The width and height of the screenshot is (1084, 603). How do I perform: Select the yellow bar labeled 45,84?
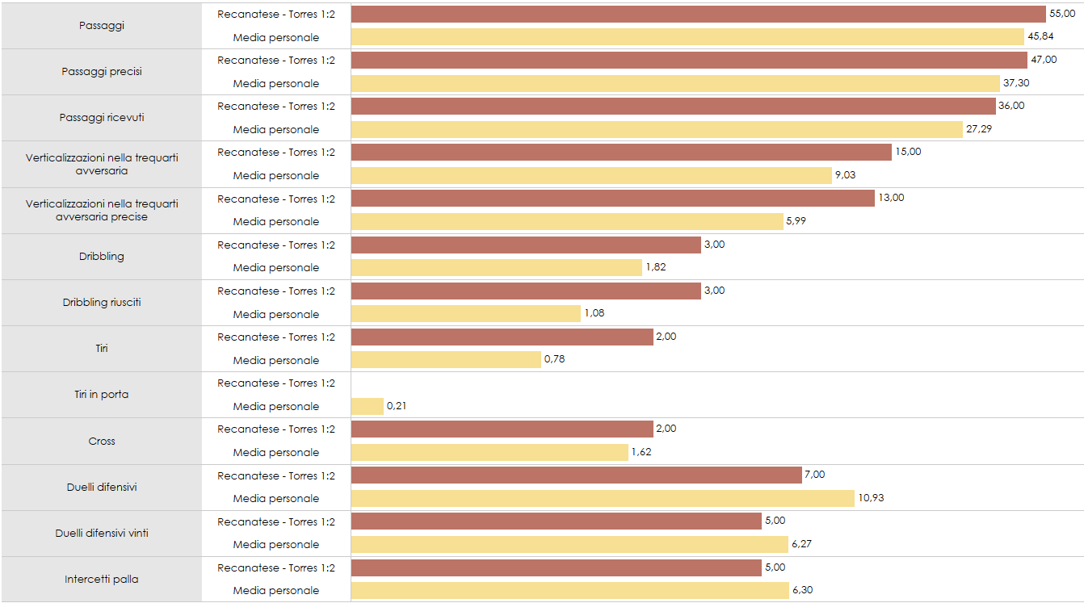687,37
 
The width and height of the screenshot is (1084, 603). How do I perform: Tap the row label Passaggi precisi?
102,72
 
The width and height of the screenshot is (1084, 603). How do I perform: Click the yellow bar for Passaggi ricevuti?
657,129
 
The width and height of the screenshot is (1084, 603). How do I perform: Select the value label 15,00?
908,152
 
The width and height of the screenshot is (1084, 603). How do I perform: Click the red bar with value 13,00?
613,199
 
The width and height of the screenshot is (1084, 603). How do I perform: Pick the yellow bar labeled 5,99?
567,221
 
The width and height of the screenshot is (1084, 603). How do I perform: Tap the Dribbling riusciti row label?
102,303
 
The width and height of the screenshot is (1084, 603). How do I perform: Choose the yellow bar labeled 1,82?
497,267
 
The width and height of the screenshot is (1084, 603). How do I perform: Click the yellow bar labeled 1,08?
466,314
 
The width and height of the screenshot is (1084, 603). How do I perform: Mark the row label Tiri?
102,349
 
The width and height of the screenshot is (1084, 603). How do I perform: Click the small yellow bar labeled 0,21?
368,406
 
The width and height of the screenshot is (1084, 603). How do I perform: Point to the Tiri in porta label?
102,395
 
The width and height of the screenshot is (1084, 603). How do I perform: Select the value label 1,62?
641,452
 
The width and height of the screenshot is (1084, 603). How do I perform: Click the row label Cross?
102,442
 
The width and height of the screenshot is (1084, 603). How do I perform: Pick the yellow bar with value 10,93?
603,498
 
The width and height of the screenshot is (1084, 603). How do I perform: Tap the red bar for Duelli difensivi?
577,475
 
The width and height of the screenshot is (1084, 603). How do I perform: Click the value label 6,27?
802,544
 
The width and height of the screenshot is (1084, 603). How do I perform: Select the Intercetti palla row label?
102,580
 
